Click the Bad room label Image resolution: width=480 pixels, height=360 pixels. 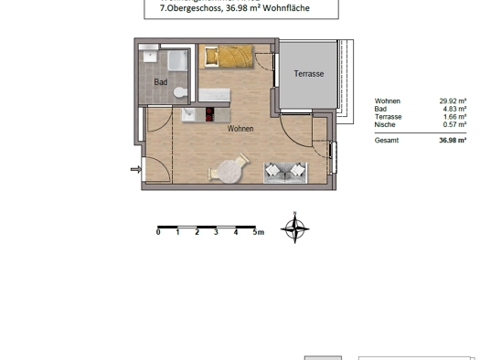[161, 82]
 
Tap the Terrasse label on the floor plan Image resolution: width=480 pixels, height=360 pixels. [309, 74]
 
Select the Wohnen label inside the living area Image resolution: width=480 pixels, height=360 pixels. [240, 129]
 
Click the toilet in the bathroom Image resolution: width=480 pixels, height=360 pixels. [180, 92]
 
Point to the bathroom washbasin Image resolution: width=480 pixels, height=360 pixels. [150, 57]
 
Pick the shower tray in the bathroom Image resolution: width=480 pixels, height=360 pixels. [177, 60]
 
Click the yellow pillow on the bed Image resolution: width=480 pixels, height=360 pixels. [211, 56]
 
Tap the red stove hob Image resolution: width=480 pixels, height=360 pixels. [209, 115]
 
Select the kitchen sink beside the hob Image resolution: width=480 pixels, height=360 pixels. [188, 114]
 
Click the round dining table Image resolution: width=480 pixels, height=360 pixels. [228, 171]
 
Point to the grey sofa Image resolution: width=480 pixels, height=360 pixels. [285, 173]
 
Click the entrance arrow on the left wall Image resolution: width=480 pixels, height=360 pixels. [136, 169]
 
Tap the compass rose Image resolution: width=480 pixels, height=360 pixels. [294, 228]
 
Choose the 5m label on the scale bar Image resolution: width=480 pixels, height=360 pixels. [259, 232]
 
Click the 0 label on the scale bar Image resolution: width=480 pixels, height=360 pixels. [158, 232]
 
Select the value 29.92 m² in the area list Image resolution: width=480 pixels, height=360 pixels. [453, 101]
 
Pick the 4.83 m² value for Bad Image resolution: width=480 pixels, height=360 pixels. [454, 109]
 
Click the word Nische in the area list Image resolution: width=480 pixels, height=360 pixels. [385, 124]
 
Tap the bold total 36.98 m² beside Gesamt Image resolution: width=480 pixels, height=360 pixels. [453, 140]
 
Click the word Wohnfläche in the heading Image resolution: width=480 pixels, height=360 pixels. [286, 8]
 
